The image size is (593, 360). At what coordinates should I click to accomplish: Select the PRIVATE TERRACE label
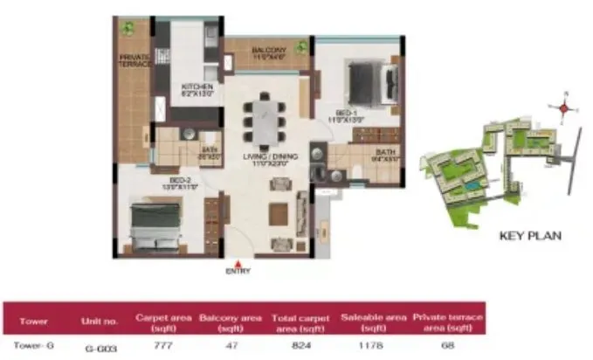tap(134, 59)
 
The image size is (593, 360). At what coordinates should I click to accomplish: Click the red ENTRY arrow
tap(238, 261)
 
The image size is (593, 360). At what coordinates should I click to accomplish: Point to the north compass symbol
tap(564, 107)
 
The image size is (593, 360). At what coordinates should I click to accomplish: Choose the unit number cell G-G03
tap(98, 347)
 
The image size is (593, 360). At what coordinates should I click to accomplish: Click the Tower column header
tap(30, 321)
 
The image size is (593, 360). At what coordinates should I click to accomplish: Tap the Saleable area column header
tap(368, 321)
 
